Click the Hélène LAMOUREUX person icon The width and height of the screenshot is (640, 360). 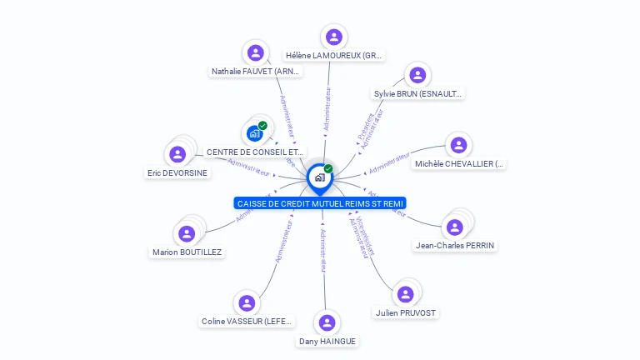click(x=334, y=37)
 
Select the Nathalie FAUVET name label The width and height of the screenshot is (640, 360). click(x=256, y=72)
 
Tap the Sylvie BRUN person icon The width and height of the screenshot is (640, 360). click(x=417, y=75)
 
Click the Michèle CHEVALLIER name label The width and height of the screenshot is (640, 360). click(x=459, y=164)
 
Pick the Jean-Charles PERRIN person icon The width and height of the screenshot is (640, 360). click(x=455, y=227)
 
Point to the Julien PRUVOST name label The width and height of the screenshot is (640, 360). click(x=406, y=313)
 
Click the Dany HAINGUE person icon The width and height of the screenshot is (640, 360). click(x=327, y=322)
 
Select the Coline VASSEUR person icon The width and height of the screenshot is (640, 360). click(x=246, y=303)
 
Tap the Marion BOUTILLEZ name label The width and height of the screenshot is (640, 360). click(x=188, y=252)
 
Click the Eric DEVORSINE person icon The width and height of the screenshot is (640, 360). click(x=177, y=154)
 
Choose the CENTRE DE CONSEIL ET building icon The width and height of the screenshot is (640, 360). click(x=255, y=133)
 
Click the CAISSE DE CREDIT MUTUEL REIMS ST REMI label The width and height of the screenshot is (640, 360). click(x=320, y=203)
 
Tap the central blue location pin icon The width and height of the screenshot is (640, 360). click(x=319, y=177)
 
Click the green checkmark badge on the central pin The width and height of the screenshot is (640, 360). click(x=328, y=169)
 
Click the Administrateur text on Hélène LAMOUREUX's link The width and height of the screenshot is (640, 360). click(x=327, y=109)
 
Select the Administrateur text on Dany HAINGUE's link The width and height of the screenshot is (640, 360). click(x=323, y=249)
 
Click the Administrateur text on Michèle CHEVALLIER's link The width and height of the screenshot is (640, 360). click(x=390, y=162)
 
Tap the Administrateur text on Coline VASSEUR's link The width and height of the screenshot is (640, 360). click(x=283, y=242)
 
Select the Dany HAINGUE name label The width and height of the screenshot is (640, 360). click(x=327, y=341)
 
